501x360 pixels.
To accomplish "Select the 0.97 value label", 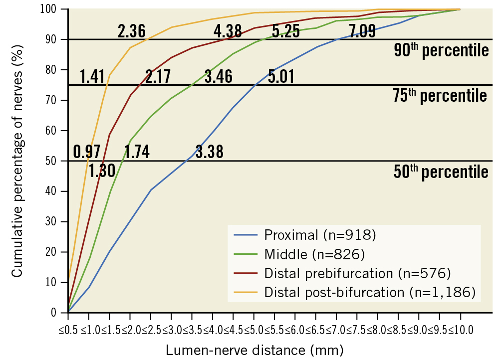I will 87,151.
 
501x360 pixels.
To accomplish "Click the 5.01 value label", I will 280,77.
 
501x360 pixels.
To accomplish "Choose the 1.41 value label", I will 92,77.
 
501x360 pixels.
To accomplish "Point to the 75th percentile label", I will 440,96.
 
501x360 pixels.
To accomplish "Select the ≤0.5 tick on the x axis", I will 68,330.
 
